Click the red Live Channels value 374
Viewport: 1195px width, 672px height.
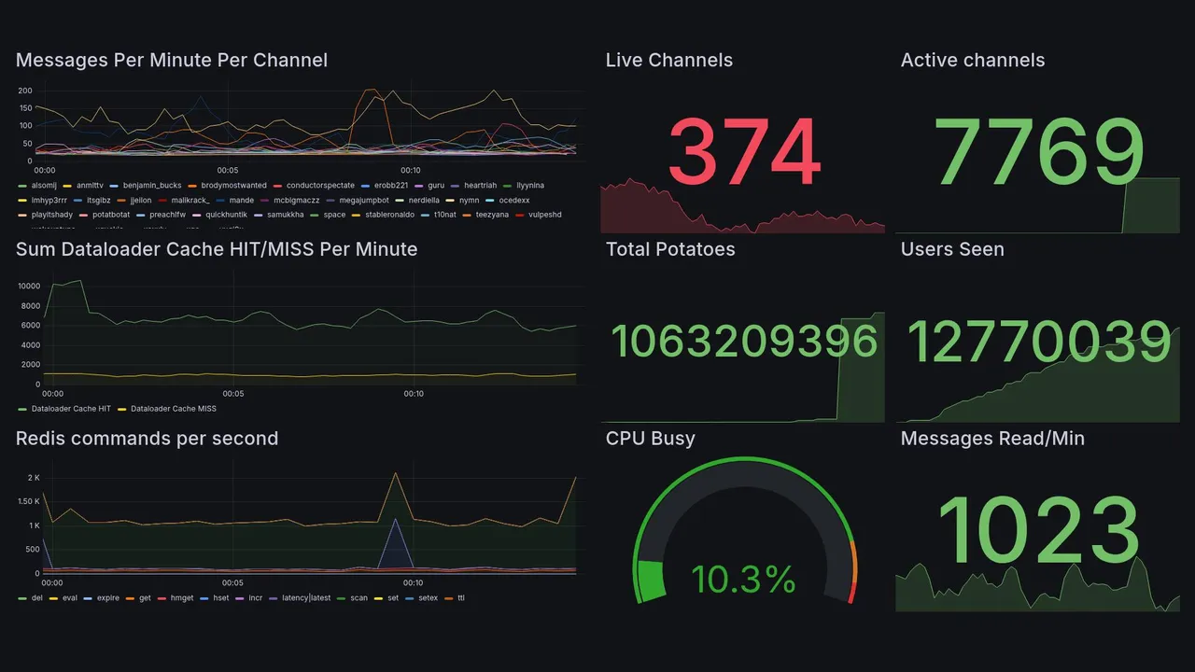point(744,152)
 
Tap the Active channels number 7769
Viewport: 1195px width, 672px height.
point(1039,152)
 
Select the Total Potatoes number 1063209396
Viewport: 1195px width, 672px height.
point(744,342)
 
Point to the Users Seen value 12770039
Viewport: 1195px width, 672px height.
point(1039,342)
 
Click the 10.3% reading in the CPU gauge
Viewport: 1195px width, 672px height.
point(744,580)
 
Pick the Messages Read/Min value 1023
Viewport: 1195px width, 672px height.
point(1039,531)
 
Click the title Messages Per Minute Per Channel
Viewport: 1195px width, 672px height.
point(172,61)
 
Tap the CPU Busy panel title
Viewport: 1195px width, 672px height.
point(651,439)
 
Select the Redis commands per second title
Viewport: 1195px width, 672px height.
point(148,439)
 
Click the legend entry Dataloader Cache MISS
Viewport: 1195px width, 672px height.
point(173,409)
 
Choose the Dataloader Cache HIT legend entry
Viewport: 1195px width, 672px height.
point(71,409)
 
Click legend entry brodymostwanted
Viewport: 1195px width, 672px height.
point(233,186)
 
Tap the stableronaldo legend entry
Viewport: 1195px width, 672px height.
point(389,215)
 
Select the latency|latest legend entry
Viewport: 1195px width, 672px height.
point(306,597)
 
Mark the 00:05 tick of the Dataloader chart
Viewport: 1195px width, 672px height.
point(233,394)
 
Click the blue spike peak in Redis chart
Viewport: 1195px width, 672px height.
point(396,519)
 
